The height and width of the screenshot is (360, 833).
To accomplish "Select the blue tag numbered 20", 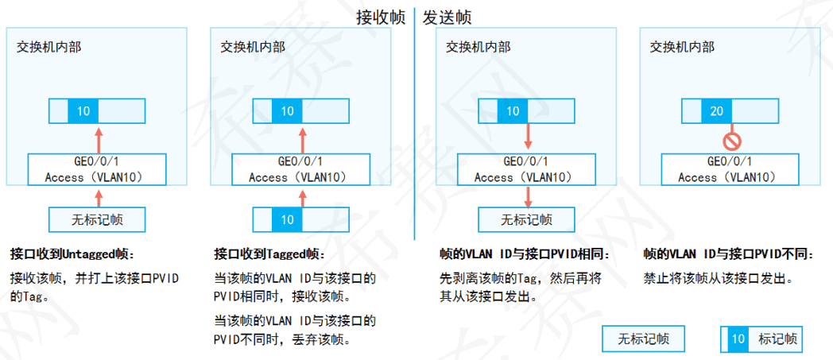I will click(x=716, y=111).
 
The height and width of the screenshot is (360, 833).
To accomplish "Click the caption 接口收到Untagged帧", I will click(x=72, y=254).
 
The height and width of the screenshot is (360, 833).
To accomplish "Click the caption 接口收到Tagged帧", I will click(x=269, y=254).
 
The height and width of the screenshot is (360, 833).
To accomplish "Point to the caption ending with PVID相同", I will click(x=524, y=254).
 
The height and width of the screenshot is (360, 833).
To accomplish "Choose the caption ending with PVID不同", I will click(x=727, y=254).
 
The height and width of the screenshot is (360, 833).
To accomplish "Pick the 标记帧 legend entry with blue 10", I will click(x=761, y=339).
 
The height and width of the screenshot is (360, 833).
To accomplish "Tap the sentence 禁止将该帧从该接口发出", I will click(x=719, y=279).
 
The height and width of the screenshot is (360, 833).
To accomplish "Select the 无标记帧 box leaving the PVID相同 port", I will click(x=526, y=219).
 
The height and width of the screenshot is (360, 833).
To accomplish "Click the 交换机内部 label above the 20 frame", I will click(x=681, y=46).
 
